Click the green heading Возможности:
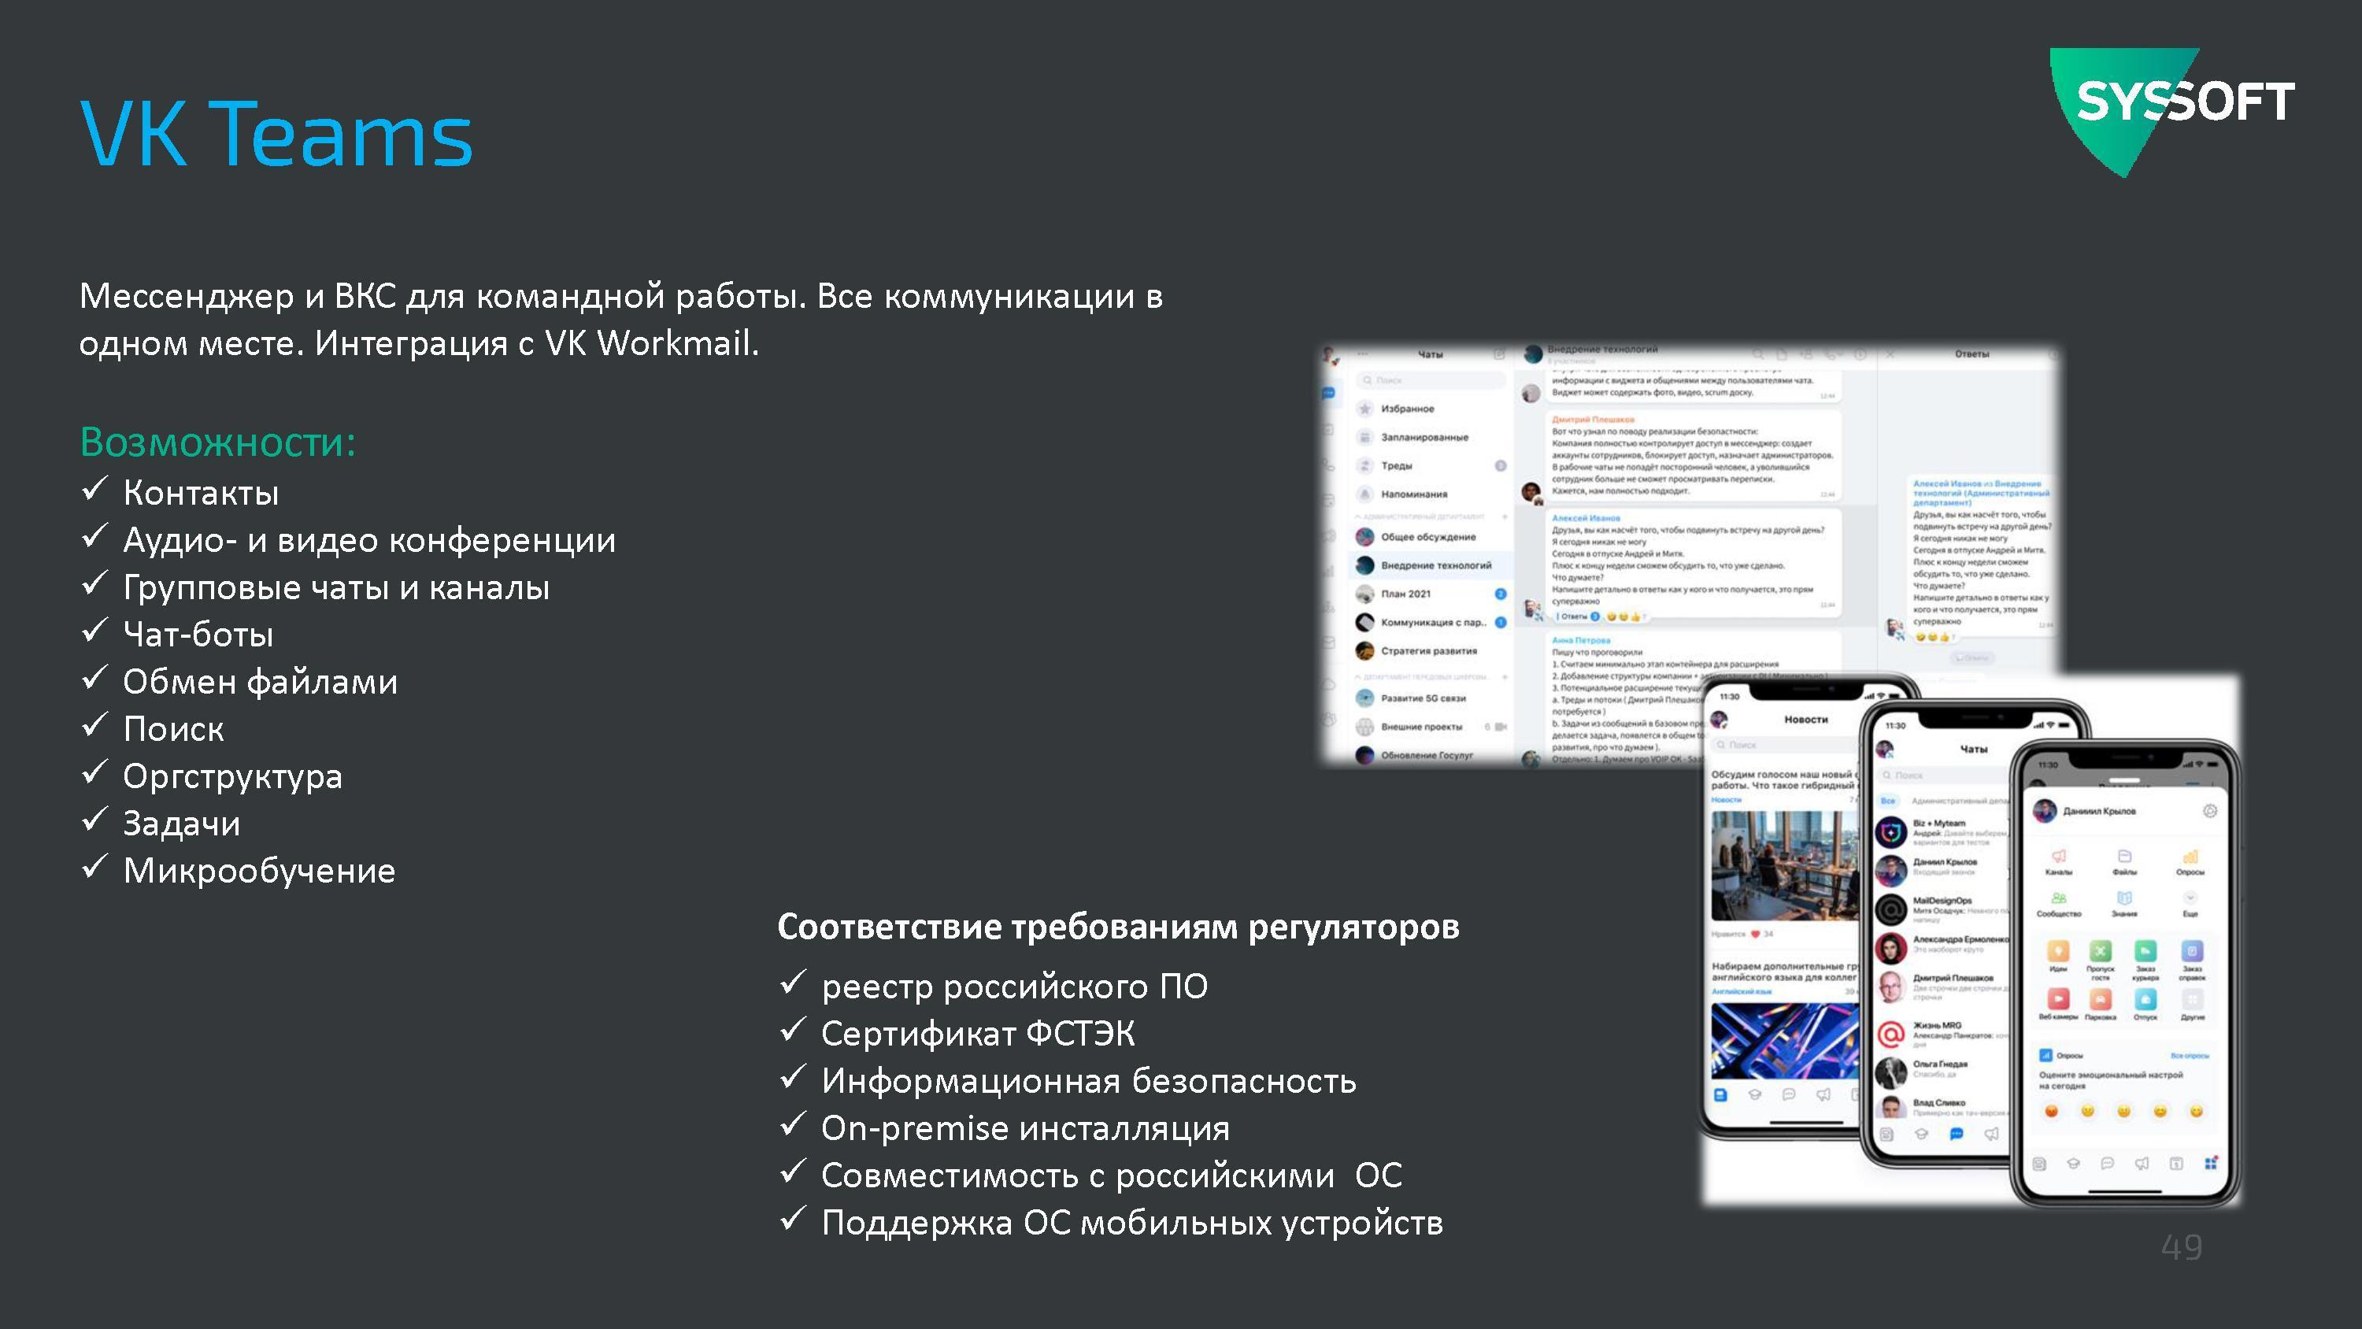[217, 442]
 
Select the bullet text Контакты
[201, 494]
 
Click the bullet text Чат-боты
[198, 635]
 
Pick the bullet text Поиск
[173, 729]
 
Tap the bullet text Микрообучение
[260, 871]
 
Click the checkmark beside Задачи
[94, 820]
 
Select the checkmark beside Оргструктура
[94, 772]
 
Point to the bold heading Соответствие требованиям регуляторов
[1118, 927]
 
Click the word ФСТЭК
[1079, 1034]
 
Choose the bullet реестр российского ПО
[1014, 987]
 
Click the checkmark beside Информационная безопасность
[792, 1078]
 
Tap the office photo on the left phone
[1783, 865]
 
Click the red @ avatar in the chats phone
[1890, 1034]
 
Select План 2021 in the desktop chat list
[1405, 594]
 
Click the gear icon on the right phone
[2210, 811]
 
